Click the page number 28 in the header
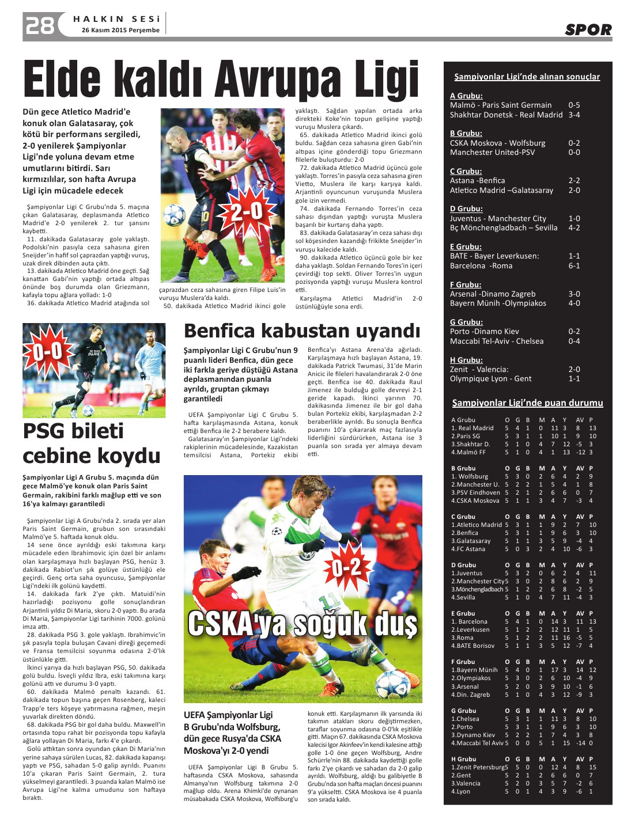pos(40,25)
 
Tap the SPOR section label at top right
pos(588,29)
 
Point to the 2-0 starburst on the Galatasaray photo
pos(247,212)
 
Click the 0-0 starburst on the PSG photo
pos(47,351)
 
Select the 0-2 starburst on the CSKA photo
pos(347,568)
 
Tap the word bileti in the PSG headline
pos(73,431)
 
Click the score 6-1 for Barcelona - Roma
pos(574,265)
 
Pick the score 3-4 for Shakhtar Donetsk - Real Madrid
pos(574,115)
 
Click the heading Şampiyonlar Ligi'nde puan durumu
pos(527,403)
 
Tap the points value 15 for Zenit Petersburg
pos(592,767)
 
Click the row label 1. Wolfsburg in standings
pos(470,476)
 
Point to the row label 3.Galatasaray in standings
pos(471,541)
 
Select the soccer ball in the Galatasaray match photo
pos(174,216)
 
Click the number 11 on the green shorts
pos(330,601)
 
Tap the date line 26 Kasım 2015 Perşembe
pos(120,30)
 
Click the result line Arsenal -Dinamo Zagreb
pos(493,294)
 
